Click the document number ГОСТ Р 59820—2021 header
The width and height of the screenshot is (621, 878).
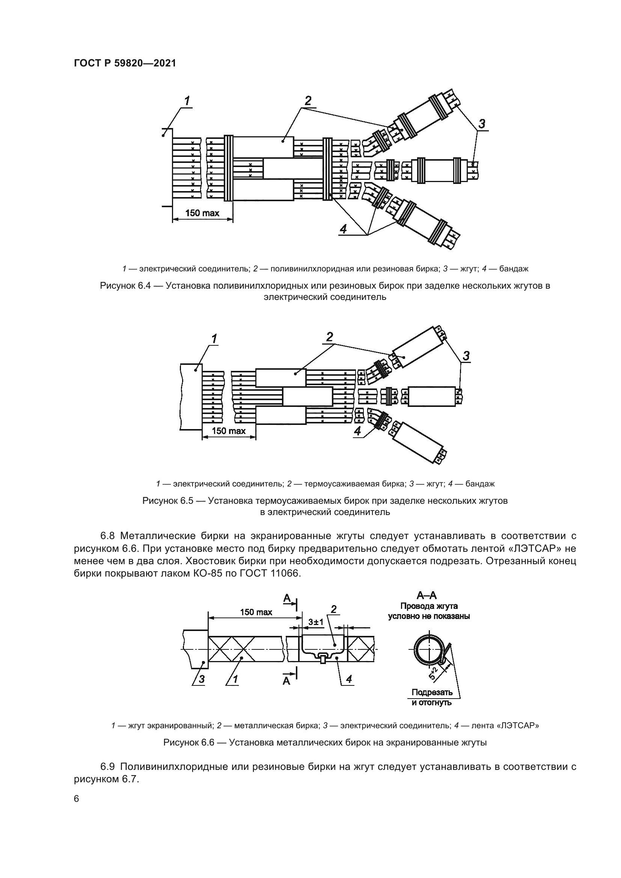coord(125,63)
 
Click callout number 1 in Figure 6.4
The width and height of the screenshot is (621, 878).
coord(187,101)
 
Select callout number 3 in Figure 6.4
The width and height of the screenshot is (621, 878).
coord(482,123)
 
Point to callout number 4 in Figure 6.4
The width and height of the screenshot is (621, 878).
coord(343,229)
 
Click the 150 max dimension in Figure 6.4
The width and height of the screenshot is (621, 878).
coord(202,213)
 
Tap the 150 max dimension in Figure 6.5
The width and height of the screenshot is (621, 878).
coord(229,431)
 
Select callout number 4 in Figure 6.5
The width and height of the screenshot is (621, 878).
coord(357,431)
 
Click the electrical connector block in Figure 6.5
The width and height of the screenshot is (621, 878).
coord(191,397)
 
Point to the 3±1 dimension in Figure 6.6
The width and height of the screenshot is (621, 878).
coord(316,622)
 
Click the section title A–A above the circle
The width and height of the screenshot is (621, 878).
coord(427,595)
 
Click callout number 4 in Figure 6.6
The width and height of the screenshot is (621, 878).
coord(349,679)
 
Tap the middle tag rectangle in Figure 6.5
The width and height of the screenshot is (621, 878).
coord(307,396)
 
